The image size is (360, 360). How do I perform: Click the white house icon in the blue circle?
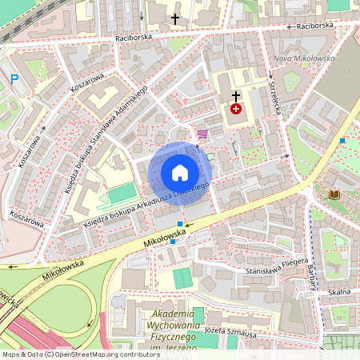point(180,173)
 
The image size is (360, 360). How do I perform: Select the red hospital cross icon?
point(236,108)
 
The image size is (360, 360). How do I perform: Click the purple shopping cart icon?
point(202,134)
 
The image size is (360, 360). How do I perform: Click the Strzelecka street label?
point(274,98)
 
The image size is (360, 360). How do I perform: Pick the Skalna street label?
point(338,292)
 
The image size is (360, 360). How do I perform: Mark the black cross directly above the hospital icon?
point(236,95)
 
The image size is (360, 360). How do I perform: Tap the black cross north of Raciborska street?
point(175,18)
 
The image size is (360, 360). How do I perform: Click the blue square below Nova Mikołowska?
point(342,141)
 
